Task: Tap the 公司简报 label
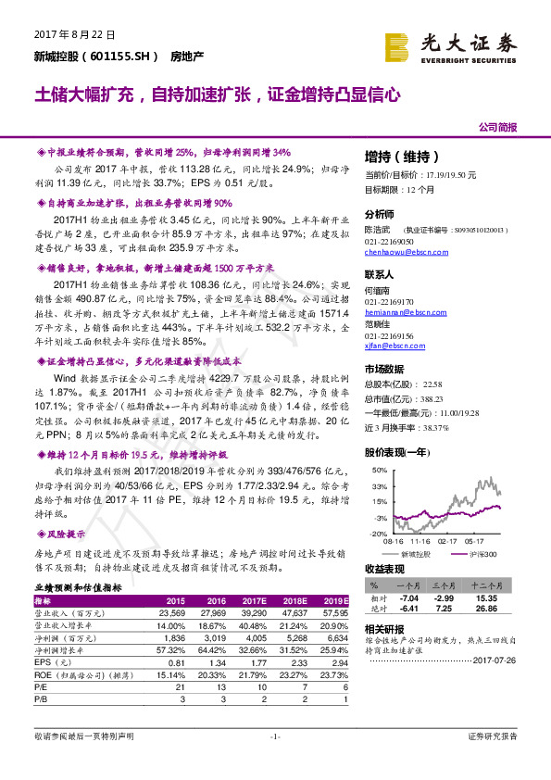(498, 127)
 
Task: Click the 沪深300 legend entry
(477, 553)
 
